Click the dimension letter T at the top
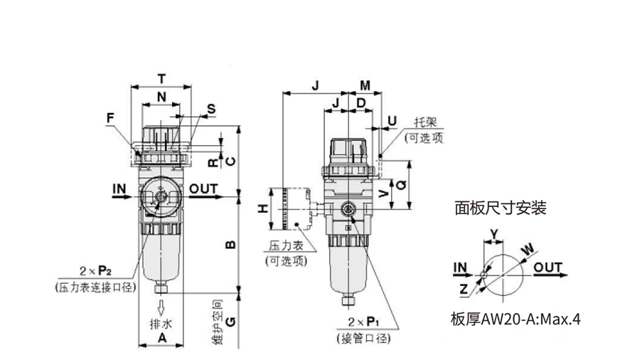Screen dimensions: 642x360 tap(161, 79)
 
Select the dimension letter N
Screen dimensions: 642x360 tap(161, 97)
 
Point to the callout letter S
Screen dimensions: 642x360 tap(211, 109)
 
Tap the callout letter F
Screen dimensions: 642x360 tap(110, 118)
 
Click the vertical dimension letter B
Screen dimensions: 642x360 tap(231, 245)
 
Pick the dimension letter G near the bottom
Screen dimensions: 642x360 tap(231, 322)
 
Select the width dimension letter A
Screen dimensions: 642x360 tap(162, 338)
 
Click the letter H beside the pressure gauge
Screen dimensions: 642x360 tap(263, 209)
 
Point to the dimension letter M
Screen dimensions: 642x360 tap(365, 85)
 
